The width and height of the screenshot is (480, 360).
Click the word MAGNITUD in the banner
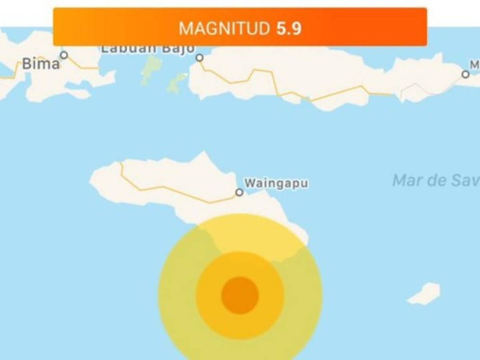tap(224, 29)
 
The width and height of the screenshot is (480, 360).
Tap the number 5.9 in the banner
tap(289, 29)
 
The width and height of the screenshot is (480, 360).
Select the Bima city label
tap(40, 64)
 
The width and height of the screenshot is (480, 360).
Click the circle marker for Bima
tap(64, 55)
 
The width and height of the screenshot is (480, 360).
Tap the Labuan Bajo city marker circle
tap(199, 58)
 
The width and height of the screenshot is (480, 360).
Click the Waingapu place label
tap(276, 183)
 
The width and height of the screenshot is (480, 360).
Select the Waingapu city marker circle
tap(239, 192)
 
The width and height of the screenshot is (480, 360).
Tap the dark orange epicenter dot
tap(240, 296)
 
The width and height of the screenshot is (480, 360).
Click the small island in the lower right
tap(425, 293)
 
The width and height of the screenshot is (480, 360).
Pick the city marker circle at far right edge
tap(465, 74)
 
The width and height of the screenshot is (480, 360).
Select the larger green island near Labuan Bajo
tap(151, 69)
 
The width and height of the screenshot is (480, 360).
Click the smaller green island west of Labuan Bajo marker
tap(177, 83)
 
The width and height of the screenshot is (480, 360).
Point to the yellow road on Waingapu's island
tap(168, 188)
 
